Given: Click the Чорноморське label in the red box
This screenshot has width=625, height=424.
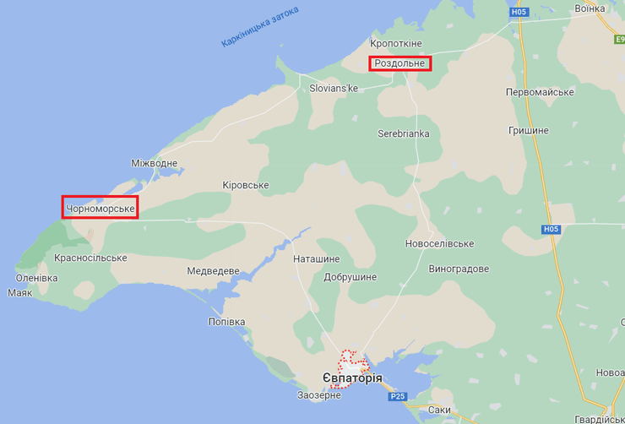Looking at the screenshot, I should tap(100, 207).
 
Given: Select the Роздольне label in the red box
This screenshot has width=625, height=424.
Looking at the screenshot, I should tap(400, 63).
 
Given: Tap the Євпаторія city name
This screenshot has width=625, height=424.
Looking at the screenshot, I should tap(352, 378).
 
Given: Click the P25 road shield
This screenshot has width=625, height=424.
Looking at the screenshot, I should tap(399, 396).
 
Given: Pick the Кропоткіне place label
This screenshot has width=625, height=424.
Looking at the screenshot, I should tap(395, 43).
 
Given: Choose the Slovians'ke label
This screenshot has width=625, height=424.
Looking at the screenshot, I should tap(334, 88).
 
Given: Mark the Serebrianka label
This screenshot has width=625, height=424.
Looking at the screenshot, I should tap(403, 133).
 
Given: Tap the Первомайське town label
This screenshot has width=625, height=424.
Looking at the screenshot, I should tap(540, 91).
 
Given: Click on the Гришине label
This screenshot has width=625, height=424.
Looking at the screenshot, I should tap(529, 130).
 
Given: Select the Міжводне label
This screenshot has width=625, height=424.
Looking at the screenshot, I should tap(155, 163).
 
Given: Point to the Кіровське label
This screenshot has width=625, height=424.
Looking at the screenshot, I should tap(245, 185).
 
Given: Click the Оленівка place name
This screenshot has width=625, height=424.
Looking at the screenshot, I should tap(37, 278).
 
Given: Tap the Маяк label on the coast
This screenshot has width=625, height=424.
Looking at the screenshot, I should tap(19, 293).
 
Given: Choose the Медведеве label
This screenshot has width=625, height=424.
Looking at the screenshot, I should tap(213, 271).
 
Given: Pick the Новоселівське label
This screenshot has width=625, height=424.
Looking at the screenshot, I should tap(439, 243).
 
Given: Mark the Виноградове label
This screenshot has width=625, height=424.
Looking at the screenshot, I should tap(459, 269).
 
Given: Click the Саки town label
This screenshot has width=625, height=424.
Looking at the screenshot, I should tap(439, 410).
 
